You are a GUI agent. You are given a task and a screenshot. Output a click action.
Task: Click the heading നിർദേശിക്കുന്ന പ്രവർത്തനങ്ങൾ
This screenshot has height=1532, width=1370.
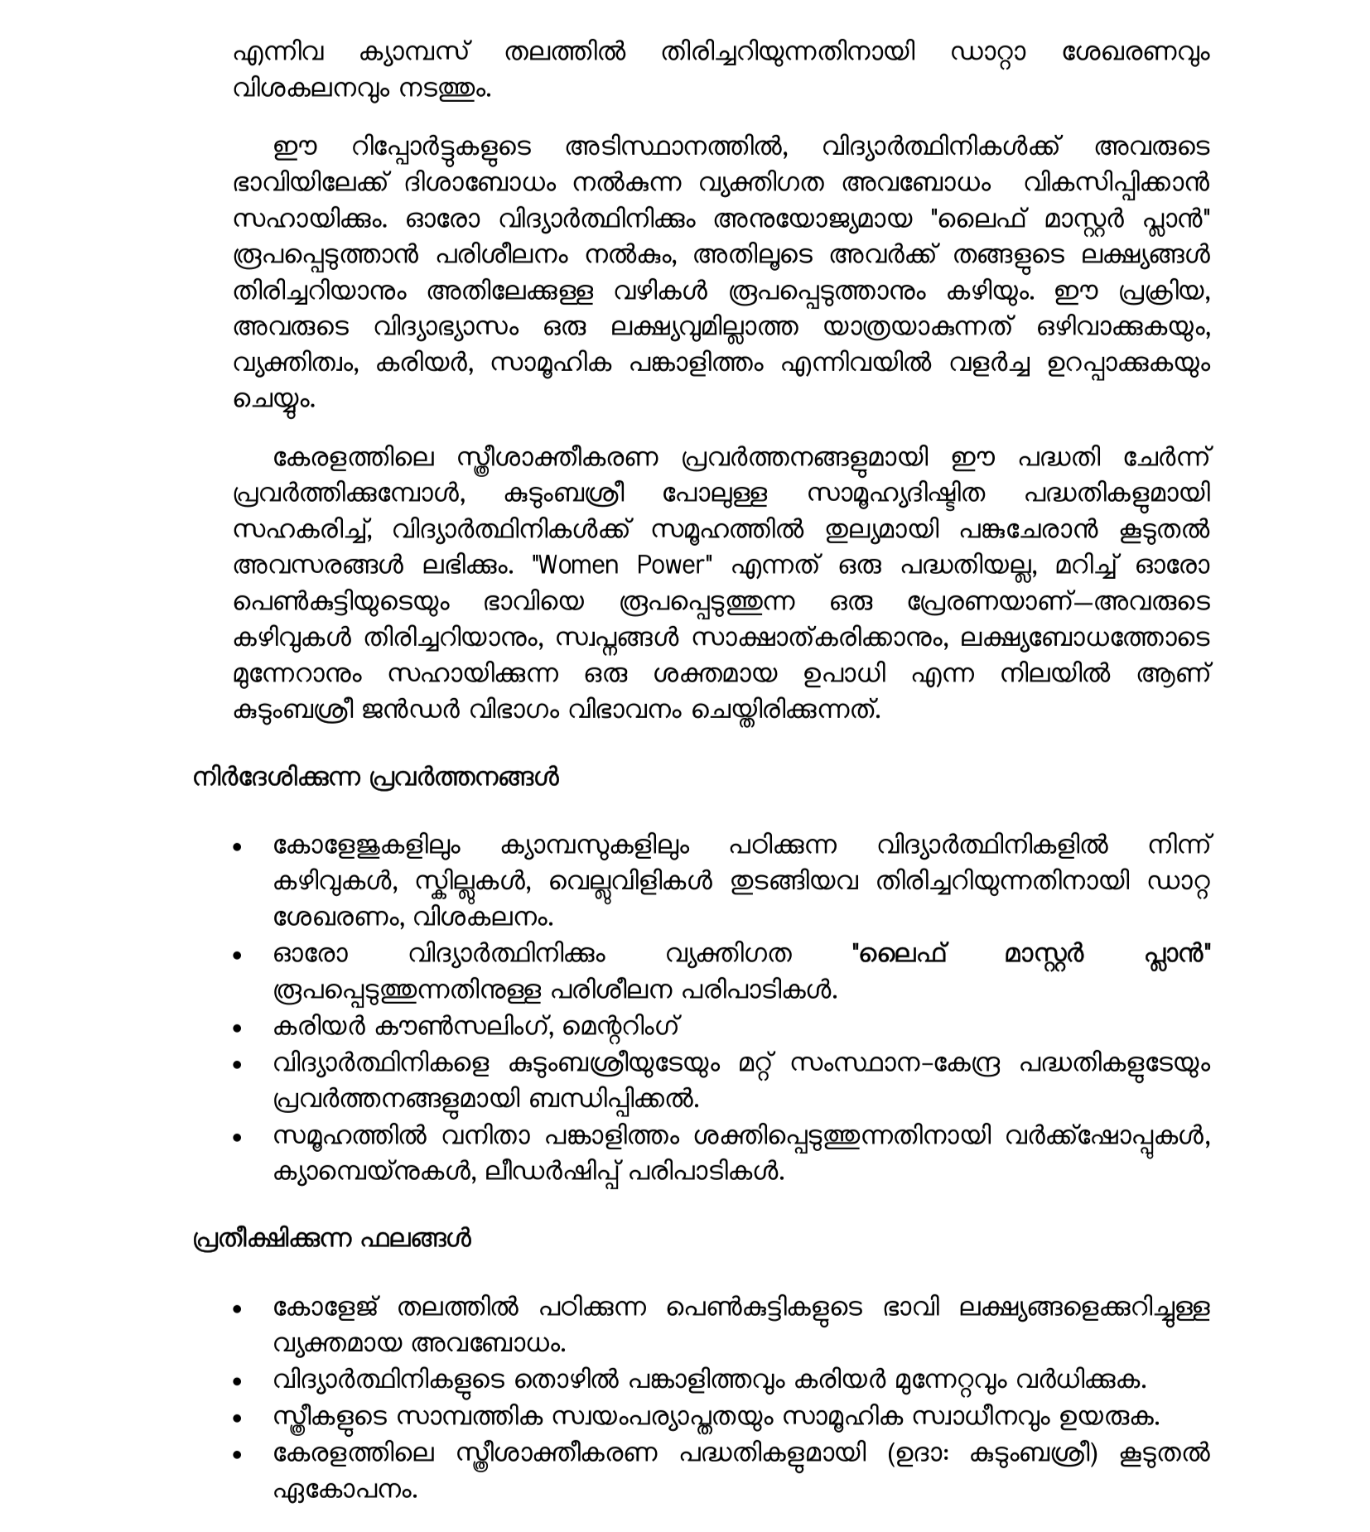click(x=376, y=778)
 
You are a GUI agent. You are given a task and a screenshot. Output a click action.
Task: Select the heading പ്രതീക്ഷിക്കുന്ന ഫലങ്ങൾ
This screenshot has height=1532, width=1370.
click(x=332, y=1241)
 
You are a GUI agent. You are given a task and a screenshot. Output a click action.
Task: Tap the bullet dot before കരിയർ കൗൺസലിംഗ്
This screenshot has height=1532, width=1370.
click(x=239, y=1029)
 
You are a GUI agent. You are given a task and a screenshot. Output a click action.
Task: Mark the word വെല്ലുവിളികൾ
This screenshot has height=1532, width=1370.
click(x=630, y=882)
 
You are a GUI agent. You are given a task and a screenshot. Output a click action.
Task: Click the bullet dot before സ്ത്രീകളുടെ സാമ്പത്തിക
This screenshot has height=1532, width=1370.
click(x=239, y=1419)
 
